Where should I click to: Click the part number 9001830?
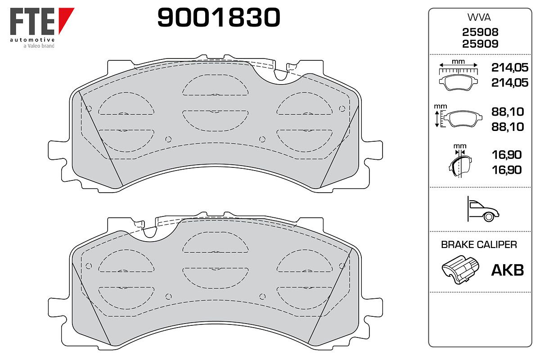tap(219, 17)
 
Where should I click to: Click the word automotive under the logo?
tap(32, 40)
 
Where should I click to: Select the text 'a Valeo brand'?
tap(39, 46)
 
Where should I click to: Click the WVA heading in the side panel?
tap(479, 18)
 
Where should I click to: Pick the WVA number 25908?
tap(480, 32)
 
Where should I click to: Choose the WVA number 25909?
tap(480, 44)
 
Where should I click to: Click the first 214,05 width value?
tap(509, 67)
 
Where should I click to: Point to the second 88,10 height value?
tap(508, 127)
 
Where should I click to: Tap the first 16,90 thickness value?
tap(507, 155)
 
